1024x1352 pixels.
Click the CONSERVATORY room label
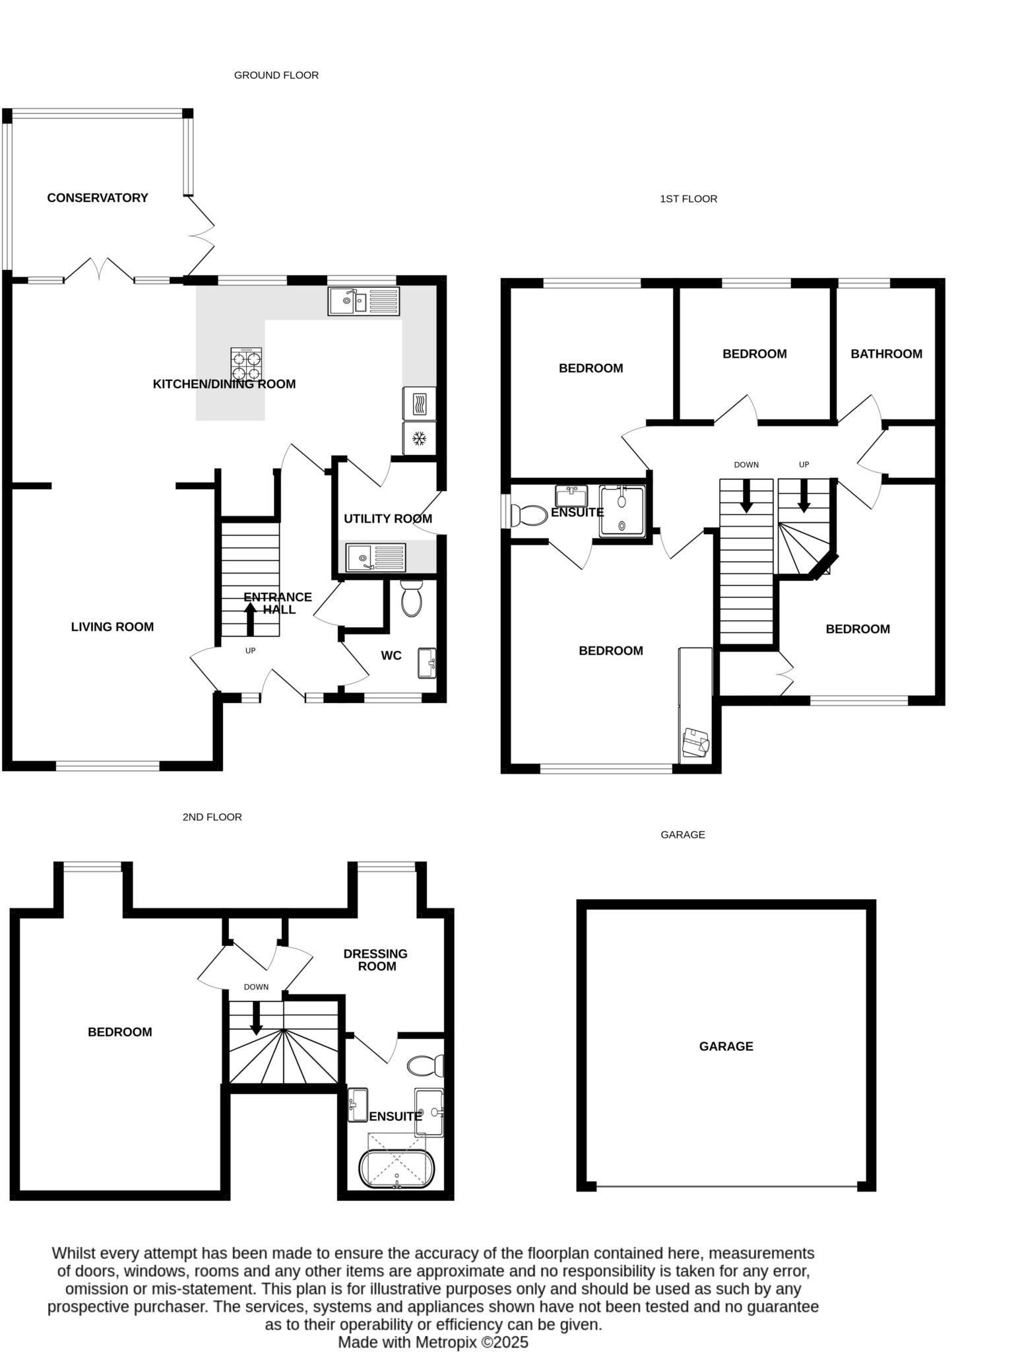click(x=98, y=197)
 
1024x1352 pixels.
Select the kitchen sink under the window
click(x=364, y=301)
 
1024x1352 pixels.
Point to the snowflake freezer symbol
click(x=418, y=438)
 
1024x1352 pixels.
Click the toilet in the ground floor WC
click(x=411, y=598)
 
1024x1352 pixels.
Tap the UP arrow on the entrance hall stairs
click(x=250, y=618)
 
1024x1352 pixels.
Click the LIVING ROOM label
click(x=112, y=626)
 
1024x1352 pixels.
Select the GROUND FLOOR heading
click(x=276, y=75)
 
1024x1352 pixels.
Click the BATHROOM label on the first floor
click(x=886, y=354)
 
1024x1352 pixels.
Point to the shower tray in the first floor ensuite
click(x=622, y=511)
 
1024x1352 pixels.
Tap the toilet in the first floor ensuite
click(x=528, y=514)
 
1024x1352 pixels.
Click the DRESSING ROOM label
click(x=375, y=960)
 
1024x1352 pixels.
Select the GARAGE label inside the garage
click(x=726, y=1046)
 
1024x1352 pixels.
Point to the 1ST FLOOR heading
click(x=688, y=199)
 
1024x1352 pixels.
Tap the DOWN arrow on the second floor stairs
click(x=256, y=1018)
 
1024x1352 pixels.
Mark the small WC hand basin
click(x=427, y=663)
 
